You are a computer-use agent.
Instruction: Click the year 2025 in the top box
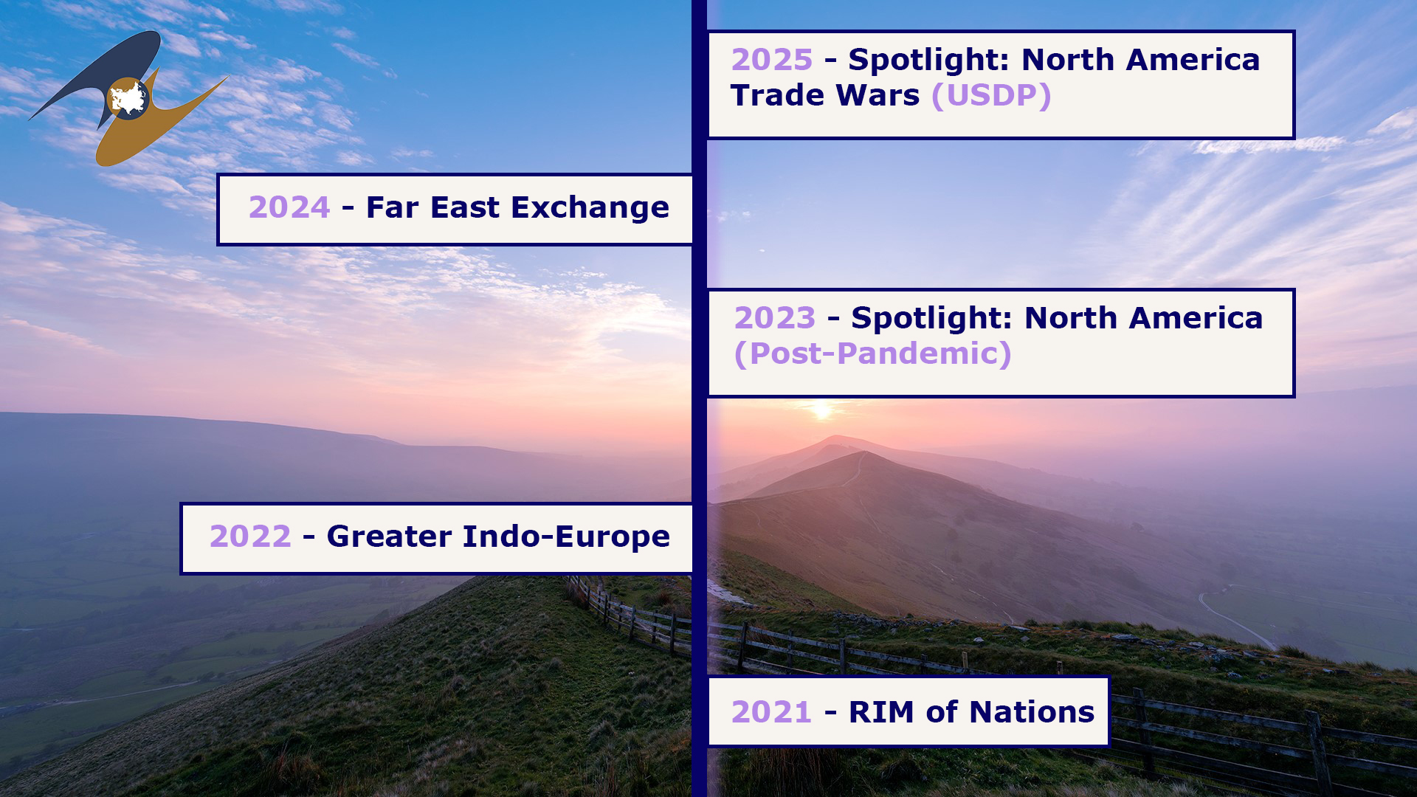coord(772,60)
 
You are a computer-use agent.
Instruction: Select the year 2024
coord(289,207)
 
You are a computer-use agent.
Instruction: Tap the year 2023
coord(775,318)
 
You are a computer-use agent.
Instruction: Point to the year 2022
coord(250,536)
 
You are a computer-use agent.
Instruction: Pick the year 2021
coord(771,712)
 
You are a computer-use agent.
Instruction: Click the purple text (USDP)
coord(991,96)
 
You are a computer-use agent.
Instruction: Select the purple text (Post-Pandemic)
coord(873,354)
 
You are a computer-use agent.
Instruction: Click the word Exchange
coord(590,208)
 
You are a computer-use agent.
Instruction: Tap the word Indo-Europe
coord(566,536)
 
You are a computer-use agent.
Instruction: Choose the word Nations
coord(1032,712)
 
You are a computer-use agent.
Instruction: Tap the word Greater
coord(389,536)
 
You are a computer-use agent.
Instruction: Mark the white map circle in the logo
coord(128,99)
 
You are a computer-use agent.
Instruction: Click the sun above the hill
coord(821,409)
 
